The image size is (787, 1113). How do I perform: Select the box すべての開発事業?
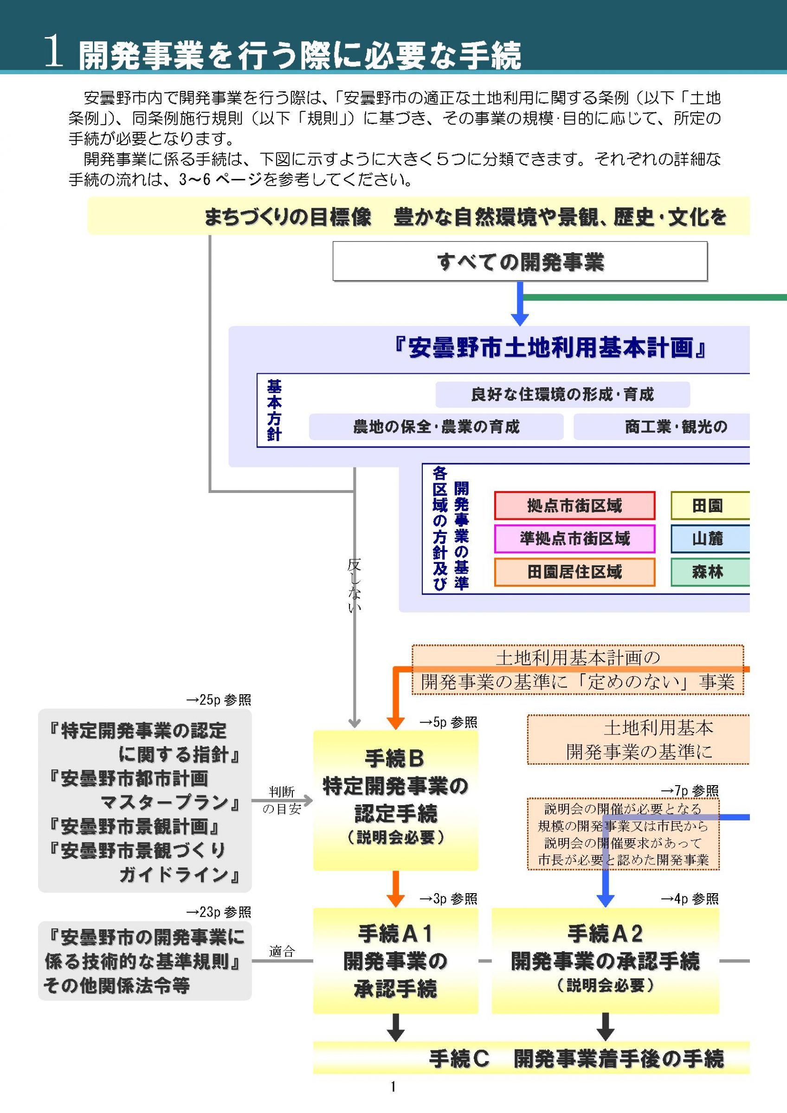pyautogui.click(x=520, y=261)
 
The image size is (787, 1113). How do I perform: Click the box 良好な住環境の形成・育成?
pyautogui.click(x=562, y=394)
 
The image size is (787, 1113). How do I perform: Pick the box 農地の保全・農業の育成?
pyautogui.click(x=436, y=427)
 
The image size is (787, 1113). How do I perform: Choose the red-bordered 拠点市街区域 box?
pyautogui.click(x=574, y=505)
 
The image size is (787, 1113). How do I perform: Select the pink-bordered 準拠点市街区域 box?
pyautogui.click(x=574, y=538)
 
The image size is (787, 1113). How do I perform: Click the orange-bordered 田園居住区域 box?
pyautogui.click(x=574, y=572)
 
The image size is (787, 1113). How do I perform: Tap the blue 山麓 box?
pyautogui.click(x=710, y=538)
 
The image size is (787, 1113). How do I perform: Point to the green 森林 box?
pyautogui.click(x=710, y=572)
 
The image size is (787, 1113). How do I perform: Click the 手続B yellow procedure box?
pyautogui.click(x=395, y=800)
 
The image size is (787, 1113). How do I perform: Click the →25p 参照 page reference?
pyautogui.click(x=219, y=700)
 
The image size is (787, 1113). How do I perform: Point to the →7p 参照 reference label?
pyautogui.click(x=690, y=791)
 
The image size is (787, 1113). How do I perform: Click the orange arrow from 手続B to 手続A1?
pyautogui.click(x=396, y=889)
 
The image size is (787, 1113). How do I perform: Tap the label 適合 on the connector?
pyautogui.click(x=282, y=951)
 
